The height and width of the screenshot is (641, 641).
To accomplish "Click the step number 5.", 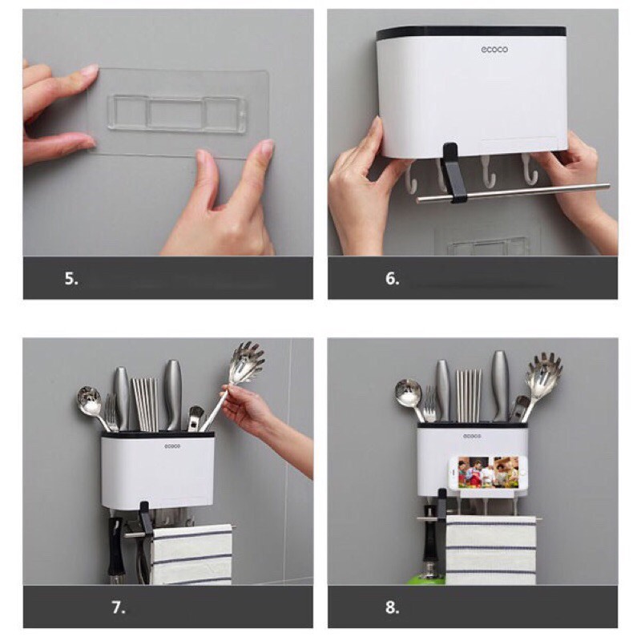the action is click(71, 278).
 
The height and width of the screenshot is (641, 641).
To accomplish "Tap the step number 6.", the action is click(392, 278).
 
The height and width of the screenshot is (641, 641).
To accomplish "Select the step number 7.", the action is click(118, 607).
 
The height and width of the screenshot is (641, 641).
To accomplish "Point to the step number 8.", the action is click(392, 607).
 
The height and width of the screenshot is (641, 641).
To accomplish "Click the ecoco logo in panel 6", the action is click(494, 50).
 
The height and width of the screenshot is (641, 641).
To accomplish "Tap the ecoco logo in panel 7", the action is click(172, 446).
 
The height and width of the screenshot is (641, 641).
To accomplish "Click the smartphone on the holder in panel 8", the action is click(488, 473).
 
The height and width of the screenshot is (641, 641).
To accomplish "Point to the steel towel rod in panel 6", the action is click(513, 192).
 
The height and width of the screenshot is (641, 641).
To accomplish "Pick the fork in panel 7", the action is click(112, 412).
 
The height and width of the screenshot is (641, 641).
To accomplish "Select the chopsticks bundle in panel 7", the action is click(145, 404).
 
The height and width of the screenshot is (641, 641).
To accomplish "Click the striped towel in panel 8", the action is click(490, 550).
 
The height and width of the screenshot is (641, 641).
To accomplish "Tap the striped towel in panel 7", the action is click(191, 554).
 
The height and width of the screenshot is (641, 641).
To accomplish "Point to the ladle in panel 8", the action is click(411, 399).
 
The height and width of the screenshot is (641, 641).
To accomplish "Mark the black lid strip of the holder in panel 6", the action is click(471, 32).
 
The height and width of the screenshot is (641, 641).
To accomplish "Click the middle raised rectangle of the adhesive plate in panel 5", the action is click(175, 114).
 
